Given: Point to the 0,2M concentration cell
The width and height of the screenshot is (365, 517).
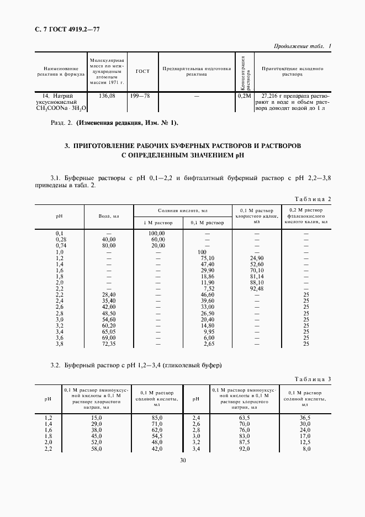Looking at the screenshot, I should pos(244,96).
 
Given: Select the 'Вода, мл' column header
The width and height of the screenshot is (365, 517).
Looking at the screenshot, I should pos(109,216).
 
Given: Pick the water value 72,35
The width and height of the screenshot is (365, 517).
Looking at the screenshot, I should pos(109,344).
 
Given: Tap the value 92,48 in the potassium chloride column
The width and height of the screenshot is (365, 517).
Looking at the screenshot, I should pos(256,288).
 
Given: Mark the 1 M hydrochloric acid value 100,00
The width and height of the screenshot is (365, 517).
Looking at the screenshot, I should pos(157,234).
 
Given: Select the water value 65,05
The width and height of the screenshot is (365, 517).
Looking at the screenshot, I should pos(109,332).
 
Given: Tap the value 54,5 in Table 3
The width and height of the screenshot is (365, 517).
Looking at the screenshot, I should pos(157,435).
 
